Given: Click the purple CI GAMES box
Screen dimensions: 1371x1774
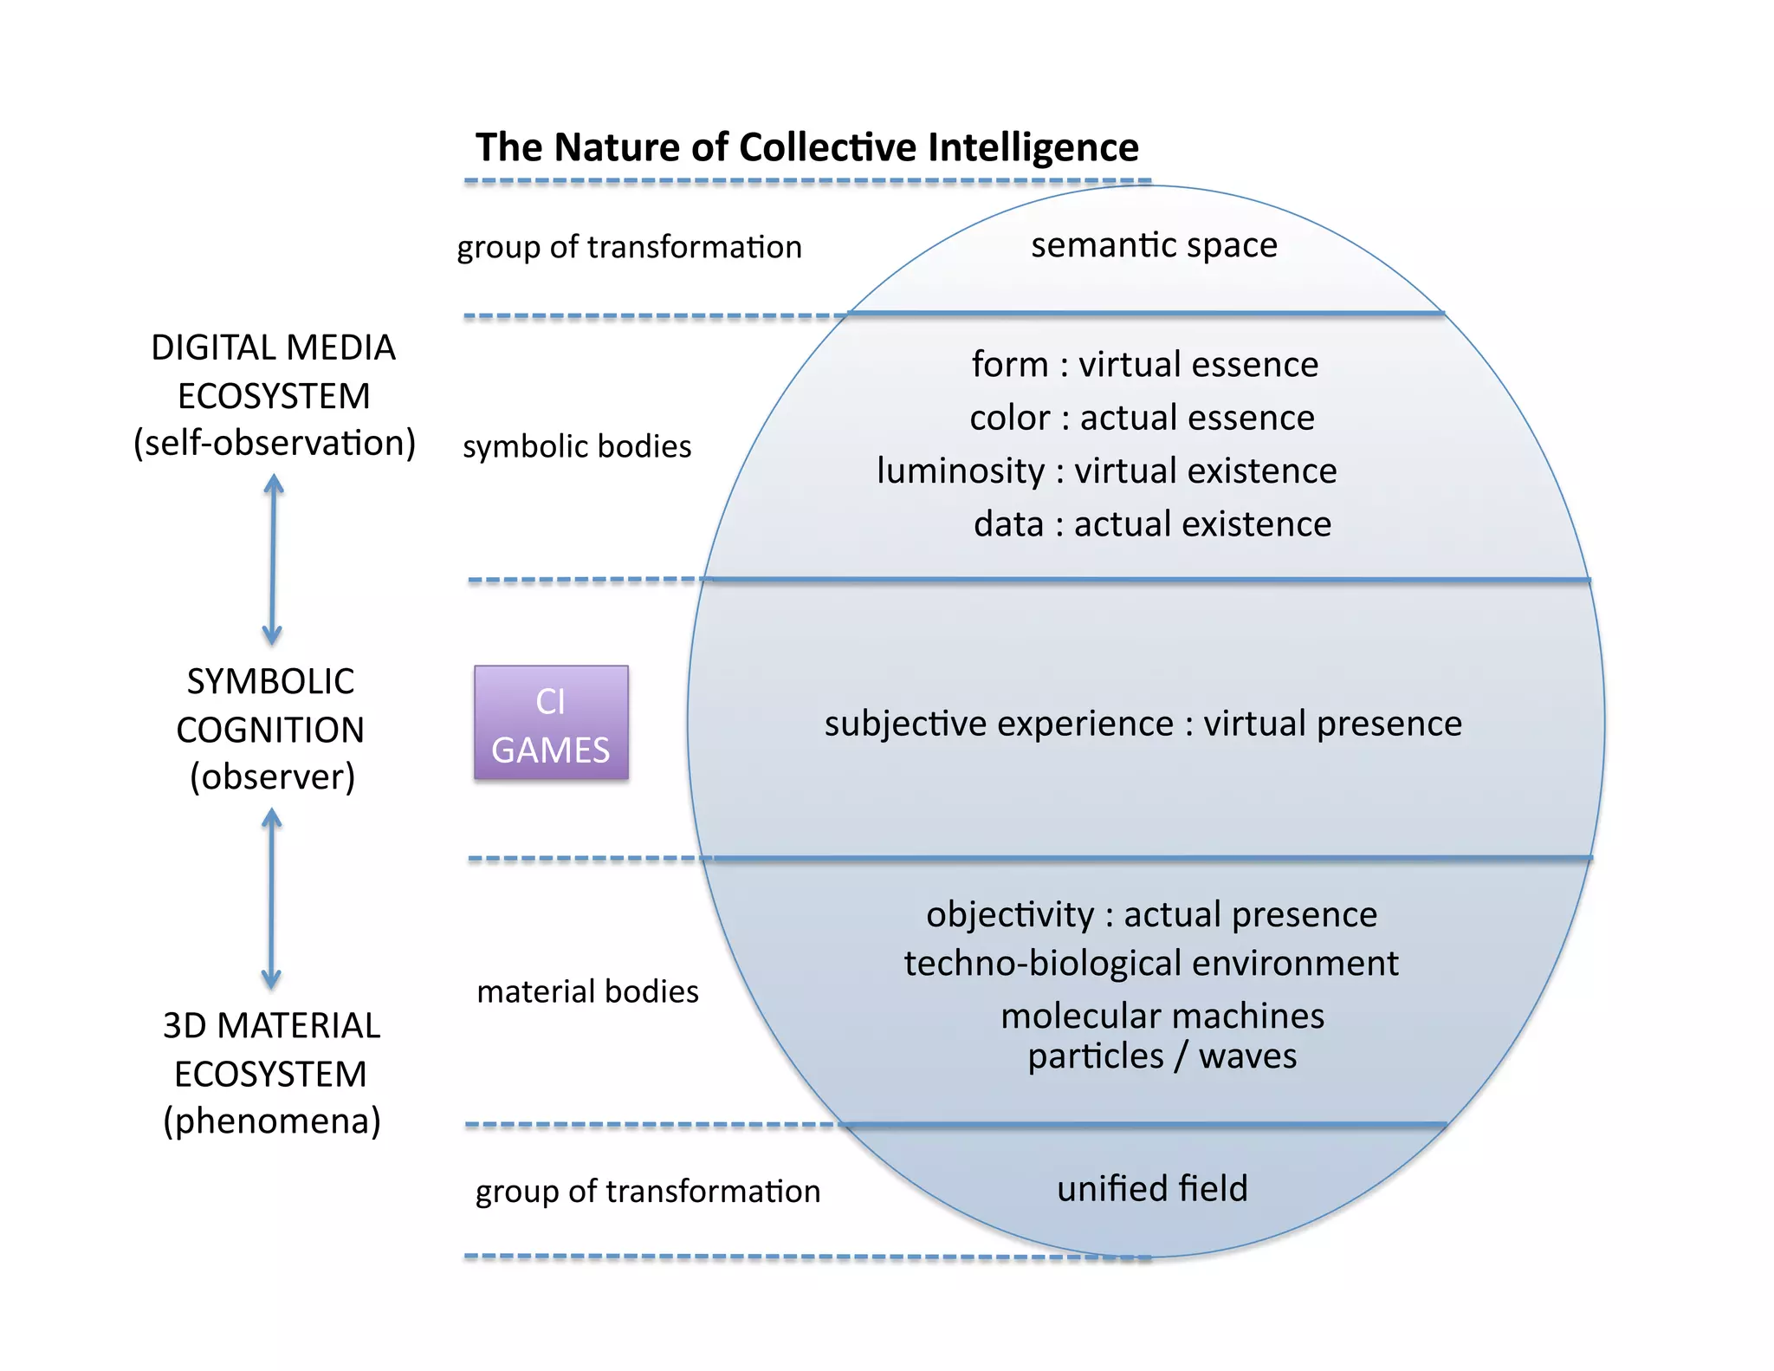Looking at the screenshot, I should [x=551, y=723].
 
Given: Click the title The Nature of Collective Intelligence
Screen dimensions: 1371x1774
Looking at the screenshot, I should [x=806, y=147].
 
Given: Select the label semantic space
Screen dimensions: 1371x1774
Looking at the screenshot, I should [x=1154, y=245].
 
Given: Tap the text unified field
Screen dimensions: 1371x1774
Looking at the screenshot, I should [x=1152, y=1188].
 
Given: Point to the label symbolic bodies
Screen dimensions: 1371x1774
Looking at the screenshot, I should [x=577, y=446].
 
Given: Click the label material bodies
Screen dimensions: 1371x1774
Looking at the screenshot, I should [x=587, y=991].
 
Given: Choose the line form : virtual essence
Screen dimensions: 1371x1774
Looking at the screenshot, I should [x=1144, y=364].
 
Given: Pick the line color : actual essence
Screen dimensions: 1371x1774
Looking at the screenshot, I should [x=1142, y=418].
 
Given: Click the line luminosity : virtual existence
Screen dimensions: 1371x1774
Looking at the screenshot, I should [x=1106, y=471].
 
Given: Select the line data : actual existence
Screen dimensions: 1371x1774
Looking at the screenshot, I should [x=1152, y=524].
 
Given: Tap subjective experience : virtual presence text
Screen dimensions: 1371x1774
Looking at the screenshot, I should [x=1143, y=724].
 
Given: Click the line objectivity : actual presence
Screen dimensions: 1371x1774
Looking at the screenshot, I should [x=1151, y=915].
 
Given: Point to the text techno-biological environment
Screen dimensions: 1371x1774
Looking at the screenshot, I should [x=1150, y=964].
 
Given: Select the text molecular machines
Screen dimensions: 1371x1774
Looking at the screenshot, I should [x=1162, y=1016].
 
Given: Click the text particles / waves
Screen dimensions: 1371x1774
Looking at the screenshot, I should [x=1162, y=1056].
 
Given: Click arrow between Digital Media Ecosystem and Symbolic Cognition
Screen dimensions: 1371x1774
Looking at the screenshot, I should [x=273, y=559].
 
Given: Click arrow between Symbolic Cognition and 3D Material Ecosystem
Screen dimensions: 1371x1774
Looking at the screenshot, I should [x=271, y=899].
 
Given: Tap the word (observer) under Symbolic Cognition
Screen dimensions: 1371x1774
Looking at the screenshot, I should [x=272, y=777].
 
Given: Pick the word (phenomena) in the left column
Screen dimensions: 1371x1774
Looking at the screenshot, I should [x=272, y=1121].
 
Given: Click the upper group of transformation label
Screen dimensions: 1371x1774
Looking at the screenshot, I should [x=629, y=248].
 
